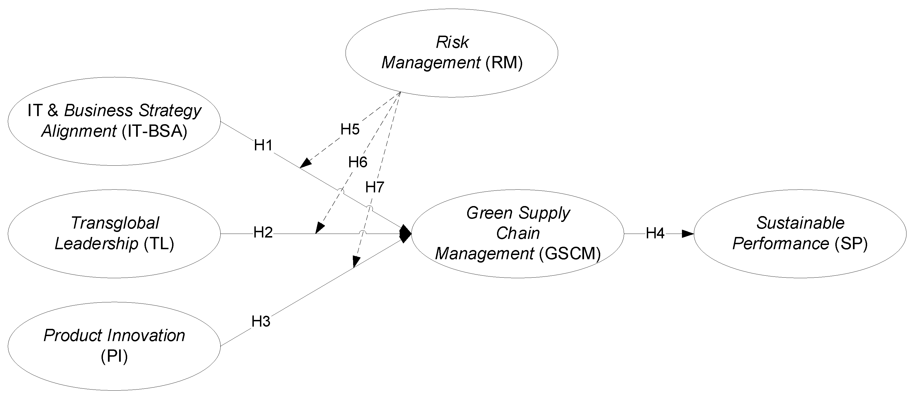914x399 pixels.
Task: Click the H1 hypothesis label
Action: tap(263, 145)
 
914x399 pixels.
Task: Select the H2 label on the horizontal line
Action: tap(263, 232)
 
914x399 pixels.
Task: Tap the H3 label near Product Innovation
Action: tap(261, 321)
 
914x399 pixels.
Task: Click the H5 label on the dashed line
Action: tap(350, 129)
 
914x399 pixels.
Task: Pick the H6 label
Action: tap(357, 162)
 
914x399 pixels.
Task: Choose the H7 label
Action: tap(375, 187)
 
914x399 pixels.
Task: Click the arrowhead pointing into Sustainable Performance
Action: tap(688, 234)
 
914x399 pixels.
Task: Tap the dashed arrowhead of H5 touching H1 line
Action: tap(305, 163)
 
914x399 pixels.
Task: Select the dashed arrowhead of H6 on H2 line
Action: tap(320, 228)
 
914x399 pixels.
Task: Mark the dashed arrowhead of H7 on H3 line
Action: tap(356, 261)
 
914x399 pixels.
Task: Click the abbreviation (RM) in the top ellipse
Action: tap(504, 63)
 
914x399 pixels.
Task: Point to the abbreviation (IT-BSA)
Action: tap(154, 131)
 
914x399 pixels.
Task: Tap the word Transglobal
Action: tap(115, 223)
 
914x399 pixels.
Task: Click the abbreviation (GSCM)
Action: tap(570, 254)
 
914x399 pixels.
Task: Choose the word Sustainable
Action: tap(800, 223)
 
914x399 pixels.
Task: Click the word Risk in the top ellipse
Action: tap(452, 42)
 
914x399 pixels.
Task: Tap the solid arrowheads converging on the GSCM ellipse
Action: tap(405, 234)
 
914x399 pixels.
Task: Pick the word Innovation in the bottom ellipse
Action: tap(146, 335)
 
